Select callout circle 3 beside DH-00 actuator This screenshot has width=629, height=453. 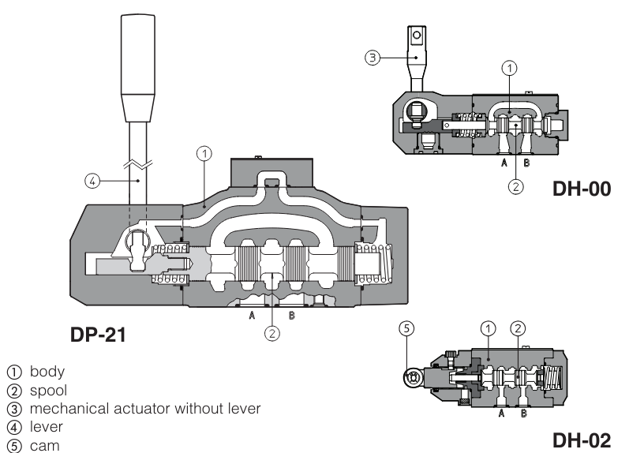373,57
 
